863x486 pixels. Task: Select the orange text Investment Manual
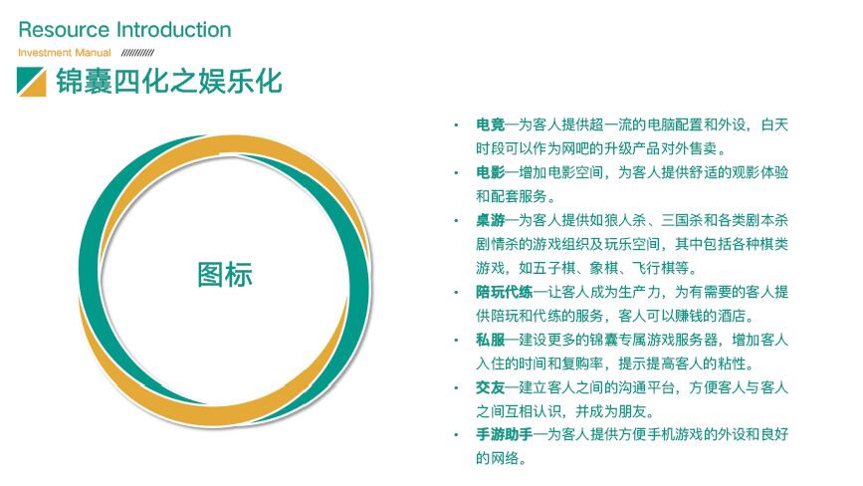65,53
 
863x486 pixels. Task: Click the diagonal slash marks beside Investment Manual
137,53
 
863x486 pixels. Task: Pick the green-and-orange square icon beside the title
32,82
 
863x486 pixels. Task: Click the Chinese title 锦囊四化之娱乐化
169,82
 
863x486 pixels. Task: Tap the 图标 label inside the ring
225,274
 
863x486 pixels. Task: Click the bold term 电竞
491,124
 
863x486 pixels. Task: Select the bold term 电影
491,173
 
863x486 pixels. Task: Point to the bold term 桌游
491,221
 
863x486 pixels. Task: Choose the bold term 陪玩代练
504,292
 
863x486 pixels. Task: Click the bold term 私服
491,341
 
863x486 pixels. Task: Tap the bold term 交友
491,388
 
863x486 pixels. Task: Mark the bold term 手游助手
504,435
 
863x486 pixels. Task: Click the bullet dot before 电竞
456,125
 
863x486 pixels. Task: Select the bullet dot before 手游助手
456,435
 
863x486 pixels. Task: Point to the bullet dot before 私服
456,341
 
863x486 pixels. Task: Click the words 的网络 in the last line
497,458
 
